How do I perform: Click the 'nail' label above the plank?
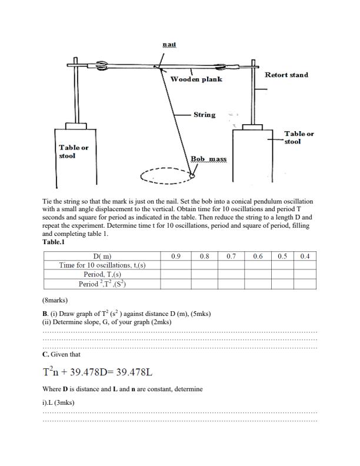point(169,45)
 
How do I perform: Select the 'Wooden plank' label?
point(196,79)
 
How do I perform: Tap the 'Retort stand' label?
point(286,75)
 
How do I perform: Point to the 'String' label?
point(204,115)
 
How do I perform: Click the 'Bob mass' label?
point(208,159)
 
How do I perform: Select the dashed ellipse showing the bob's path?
point(165,176)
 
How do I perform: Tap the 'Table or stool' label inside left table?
point(74,151)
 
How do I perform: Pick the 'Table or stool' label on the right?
point(299,138)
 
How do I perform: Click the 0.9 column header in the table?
point(175,257)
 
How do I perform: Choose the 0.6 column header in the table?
point(258,257)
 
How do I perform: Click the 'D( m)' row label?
point(102,257)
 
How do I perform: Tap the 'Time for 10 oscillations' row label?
point(102,265)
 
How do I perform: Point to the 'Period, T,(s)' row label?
point(102,274)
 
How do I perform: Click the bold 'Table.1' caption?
point(54,242)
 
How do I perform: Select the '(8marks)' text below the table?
point(55,300)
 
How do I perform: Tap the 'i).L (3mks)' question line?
point(59,402)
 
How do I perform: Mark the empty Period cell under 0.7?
point(231,274)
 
